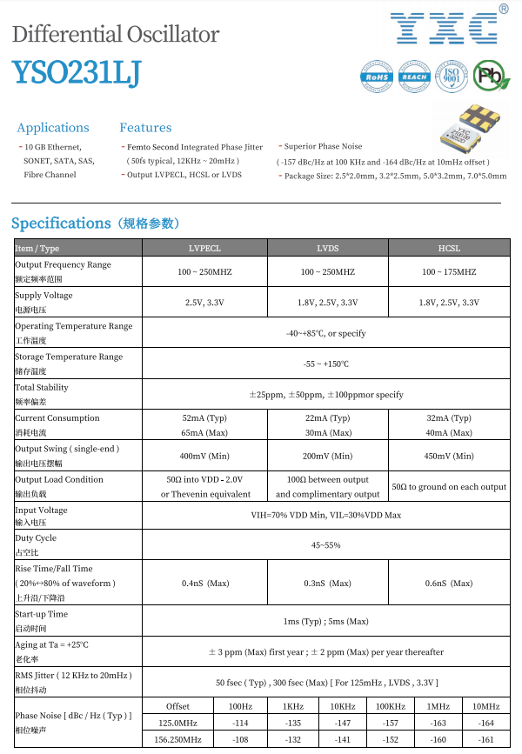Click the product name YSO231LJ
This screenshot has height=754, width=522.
77,74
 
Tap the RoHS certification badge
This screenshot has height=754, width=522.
377,77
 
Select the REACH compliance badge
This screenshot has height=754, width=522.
413,77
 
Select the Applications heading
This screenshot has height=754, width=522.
53,128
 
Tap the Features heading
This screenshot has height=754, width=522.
145,128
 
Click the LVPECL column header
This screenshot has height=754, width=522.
204,249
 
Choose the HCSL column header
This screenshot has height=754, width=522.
449,249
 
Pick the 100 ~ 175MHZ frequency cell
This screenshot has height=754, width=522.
449,272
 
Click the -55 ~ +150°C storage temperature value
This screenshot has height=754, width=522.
326,364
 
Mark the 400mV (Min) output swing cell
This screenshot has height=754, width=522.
204,456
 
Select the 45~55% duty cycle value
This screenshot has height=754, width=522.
326,544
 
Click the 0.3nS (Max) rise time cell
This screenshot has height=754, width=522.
327,583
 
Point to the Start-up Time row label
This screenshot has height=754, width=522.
42,614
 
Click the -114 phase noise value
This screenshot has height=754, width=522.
241,723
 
